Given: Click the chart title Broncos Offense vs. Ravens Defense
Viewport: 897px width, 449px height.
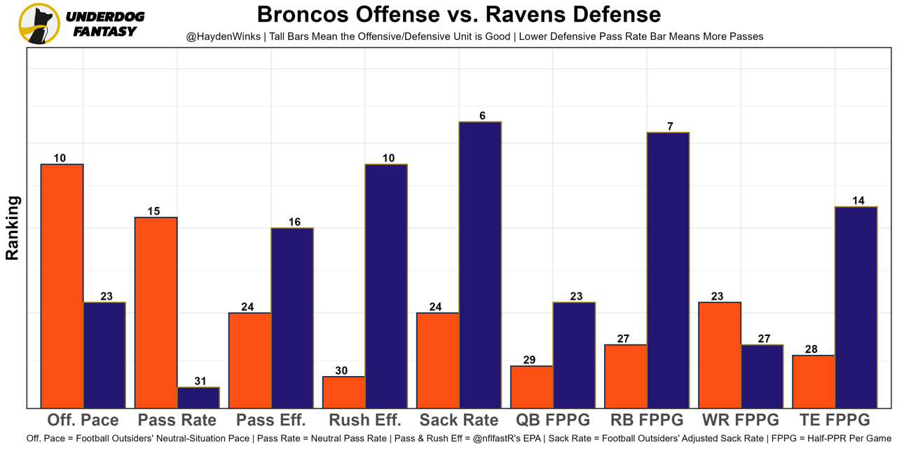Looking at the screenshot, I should point(458,14).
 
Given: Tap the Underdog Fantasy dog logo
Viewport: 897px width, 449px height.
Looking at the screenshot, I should point(39,24).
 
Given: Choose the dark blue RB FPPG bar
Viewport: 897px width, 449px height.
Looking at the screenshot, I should point(668,269).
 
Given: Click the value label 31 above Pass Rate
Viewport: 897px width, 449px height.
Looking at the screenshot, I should point(200,381).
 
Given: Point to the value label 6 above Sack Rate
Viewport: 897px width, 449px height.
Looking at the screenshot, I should point(482,116).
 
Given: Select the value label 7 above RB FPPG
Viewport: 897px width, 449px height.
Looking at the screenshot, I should point(670,126).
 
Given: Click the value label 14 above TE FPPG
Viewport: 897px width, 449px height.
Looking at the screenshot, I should point(858,201).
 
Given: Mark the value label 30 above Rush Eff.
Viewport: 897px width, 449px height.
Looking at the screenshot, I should point(341,370).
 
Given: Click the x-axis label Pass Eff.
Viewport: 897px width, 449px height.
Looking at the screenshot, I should point(271,420).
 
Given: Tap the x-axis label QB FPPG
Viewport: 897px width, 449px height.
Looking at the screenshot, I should point(553,420).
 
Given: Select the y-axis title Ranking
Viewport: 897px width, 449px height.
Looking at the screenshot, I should point(13,228).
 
